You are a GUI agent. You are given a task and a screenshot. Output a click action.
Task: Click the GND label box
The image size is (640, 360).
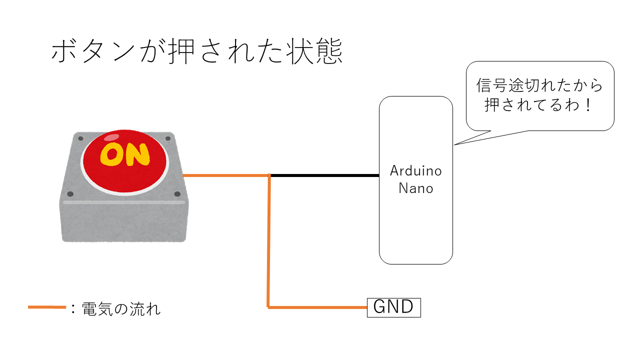(394, 307)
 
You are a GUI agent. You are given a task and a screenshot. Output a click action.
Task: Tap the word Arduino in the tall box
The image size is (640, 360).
(416, 171)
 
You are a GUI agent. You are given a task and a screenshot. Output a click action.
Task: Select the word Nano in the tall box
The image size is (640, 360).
(416, 188)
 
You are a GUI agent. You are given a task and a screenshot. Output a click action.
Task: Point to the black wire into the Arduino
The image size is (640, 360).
(325, 175)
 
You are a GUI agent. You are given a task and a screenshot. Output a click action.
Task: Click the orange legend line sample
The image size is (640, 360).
(47, 307)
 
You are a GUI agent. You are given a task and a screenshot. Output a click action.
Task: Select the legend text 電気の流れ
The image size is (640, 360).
(120, 308)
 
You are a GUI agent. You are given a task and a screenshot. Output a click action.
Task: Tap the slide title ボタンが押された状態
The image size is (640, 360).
(196, 52)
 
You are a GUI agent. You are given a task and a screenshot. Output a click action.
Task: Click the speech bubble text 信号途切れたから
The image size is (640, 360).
(539, 85)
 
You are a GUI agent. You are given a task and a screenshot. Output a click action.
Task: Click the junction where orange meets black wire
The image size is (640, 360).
(270, 175)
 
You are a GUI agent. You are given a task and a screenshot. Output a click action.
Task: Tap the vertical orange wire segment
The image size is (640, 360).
(269, 240)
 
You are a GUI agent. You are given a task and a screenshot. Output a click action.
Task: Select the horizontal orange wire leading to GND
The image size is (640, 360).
(317, 307)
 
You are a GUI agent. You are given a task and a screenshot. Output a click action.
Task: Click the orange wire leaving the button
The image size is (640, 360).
(225, 175)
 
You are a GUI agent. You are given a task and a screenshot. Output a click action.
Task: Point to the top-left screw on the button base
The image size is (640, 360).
(80, 138)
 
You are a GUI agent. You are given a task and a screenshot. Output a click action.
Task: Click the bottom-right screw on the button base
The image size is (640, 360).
(177, 194)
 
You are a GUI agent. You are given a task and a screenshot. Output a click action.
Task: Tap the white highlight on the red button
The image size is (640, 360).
(111, 137)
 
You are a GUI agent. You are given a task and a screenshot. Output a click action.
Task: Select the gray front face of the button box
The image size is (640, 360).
(123, 222)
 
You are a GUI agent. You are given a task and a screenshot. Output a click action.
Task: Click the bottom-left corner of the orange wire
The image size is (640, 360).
(268, 307)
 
